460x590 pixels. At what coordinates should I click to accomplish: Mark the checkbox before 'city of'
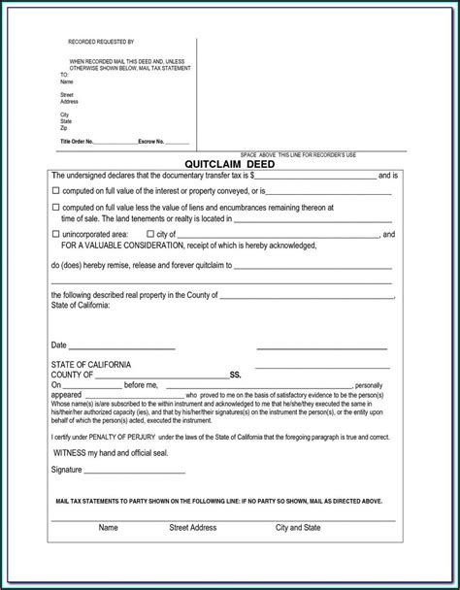click(x=148, y=234)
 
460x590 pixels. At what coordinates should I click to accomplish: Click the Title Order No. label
click(x=77, y=142)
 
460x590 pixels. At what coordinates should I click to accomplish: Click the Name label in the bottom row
click(x=108, y=528)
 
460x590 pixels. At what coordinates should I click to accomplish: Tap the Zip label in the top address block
click(x=64, y=127)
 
